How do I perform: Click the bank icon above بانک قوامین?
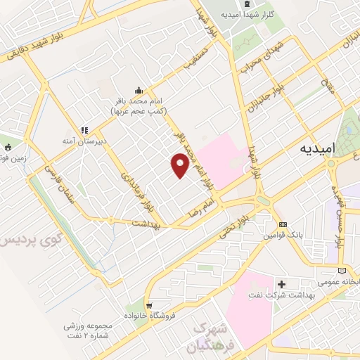pyautogui.click(x=283, y=226)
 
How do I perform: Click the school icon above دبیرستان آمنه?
pyautogui.click(x=84, y=130)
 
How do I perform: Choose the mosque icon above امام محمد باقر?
pyautogui.click(x=139, y=89)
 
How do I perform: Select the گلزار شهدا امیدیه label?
pyautogui.click(x=251, y=14)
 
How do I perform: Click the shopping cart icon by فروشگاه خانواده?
pyautogui.click(x=149, y=304)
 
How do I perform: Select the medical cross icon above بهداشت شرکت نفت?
pyautogui.click(x=282, y=284)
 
